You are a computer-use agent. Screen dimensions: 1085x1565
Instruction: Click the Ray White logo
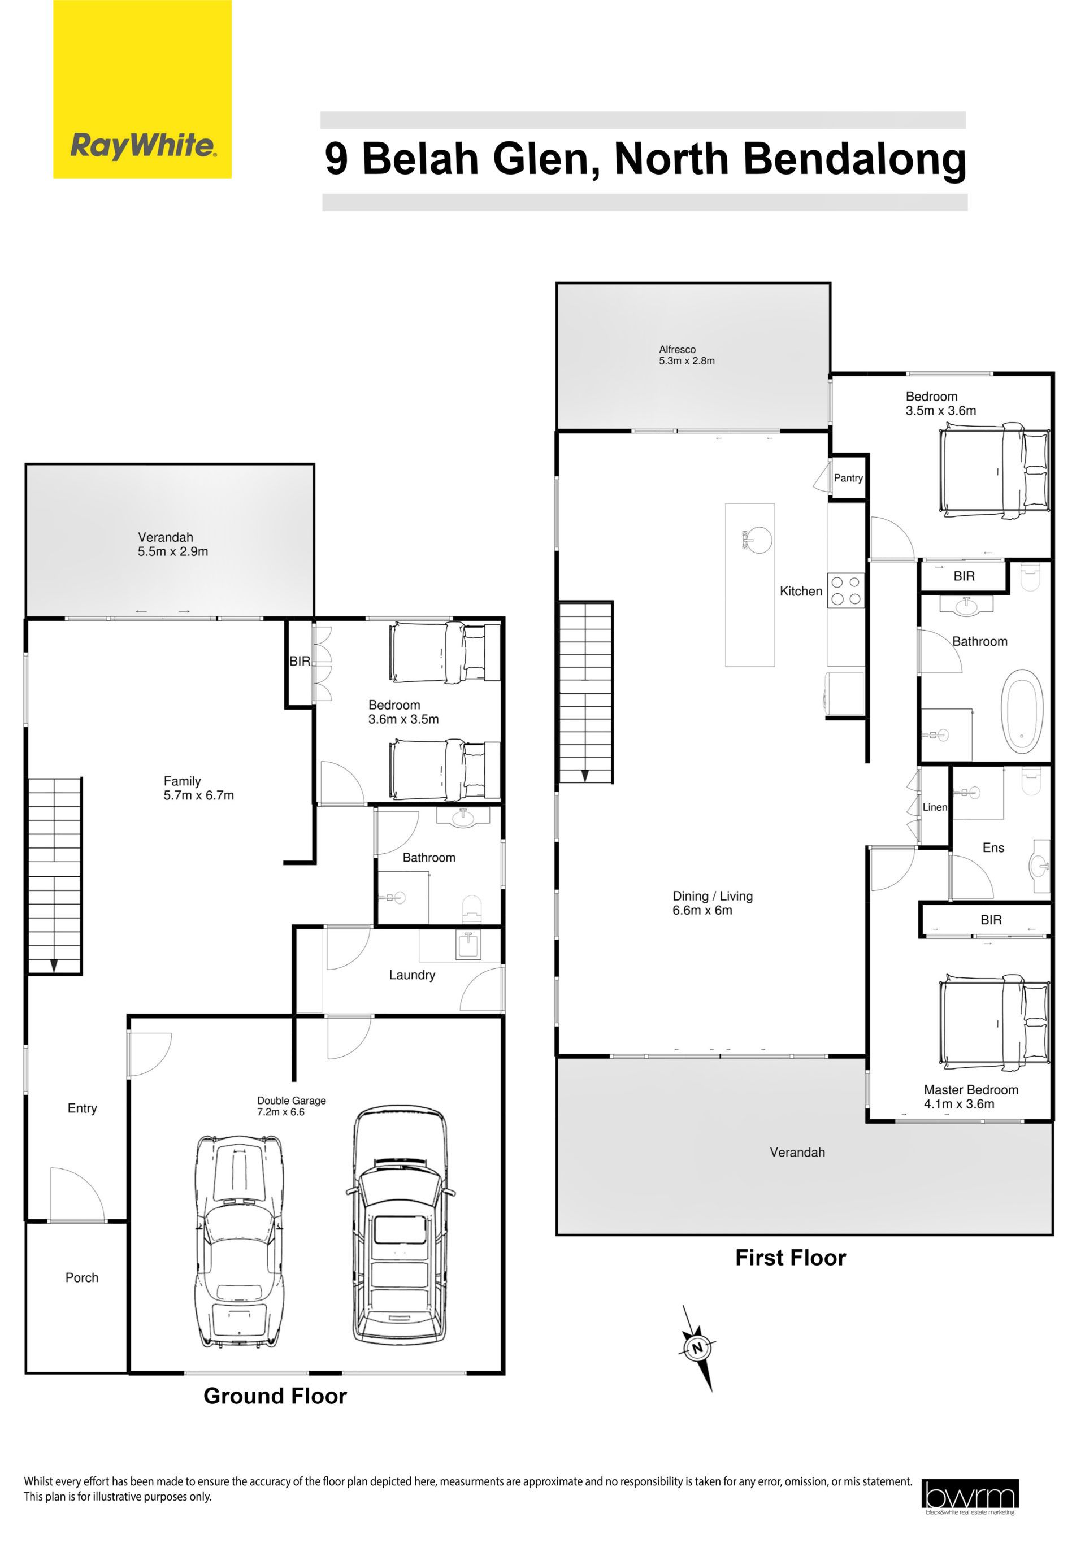(x=142, y=89)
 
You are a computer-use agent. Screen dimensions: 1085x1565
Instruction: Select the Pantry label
(x=848, y=478)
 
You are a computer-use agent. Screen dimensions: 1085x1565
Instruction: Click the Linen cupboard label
(x=935, y=807)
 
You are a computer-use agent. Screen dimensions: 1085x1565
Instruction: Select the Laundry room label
(x=412, y=975)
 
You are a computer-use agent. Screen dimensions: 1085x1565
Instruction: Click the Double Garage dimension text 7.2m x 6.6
(x=281, y=1112)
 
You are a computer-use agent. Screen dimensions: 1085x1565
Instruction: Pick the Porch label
(x=81, y=1277)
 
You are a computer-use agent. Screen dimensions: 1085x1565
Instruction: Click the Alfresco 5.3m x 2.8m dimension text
(x=687, y=361)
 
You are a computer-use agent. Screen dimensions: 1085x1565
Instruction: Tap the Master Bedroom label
(x=971, y=1089)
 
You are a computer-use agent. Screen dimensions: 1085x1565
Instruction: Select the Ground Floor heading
(x=275, y=1396)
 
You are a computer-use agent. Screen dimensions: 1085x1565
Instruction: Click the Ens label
(x=993, y=847)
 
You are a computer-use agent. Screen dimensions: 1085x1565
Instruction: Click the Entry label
(x=83, y=1108)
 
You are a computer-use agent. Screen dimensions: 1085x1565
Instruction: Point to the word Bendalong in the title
(x=854, y=158)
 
